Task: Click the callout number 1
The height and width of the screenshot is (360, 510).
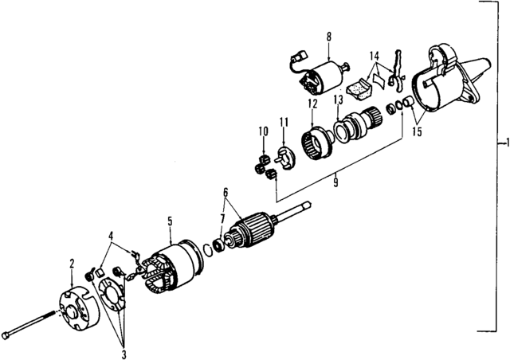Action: pos(504,144)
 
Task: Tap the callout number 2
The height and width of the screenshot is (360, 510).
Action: pos(72,264)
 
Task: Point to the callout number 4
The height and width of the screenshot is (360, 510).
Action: pos(112,235)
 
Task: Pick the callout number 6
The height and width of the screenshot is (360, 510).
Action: pos(226,193)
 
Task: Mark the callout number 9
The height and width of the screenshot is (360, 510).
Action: pos(336,182)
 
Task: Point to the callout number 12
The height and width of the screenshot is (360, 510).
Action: pos(312,104)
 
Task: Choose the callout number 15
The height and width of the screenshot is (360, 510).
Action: pos(416,131)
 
